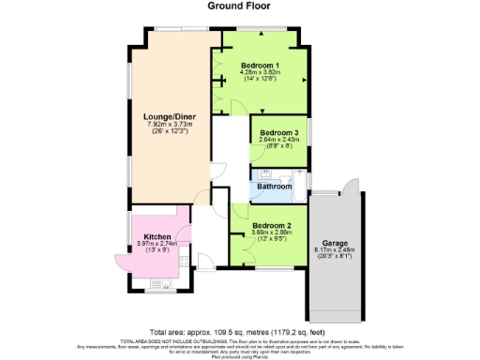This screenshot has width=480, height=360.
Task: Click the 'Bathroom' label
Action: (x=275, y=187)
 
